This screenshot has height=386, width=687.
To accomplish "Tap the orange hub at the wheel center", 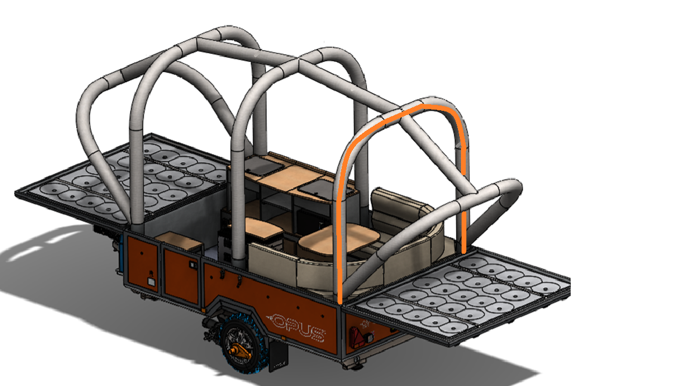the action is [239, 350].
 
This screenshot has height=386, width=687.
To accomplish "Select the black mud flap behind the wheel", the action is [278, 354].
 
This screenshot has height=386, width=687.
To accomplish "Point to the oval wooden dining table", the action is [339, 239].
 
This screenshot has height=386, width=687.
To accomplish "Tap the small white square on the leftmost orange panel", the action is [151, 281].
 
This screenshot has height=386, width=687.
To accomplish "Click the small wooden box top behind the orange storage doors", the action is [180, 239].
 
